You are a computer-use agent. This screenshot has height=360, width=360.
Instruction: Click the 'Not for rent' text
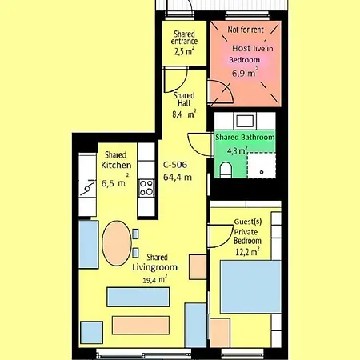(x=246, y=30)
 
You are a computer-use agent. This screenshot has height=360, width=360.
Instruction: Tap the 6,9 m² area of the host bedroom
(x=245, y=72)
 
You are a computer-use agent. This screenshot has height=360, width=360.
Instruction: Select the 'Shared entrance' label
(x=184, y=38)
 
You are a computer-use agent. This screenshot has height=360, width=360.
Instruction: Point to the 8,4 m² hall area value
(x=184, y=114)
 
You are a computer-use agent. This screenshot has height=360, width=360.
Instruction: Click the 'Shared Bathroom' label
(x=245, y=137)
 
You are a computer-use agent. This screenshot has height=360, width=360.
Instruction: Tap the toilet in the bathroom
(x=226, y=170)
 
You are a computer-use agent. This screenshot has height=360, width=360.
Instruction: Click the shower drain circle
(x=262, y=172)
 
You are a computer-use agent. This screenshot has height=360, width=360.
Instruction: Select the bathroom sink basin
(x=245, y=121)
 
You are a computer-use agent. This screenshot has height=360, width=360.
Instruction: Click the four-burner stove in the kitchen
(x=146, y=188)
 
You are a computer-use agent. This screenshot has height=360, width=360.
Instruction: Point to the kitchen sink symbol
(x=87, y=188)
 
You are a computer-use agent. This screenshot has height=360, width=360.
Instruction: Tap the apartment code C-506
(x=175, y=165)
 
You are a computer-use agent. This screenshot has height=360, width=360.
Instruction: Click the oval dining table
(x=117, y=243)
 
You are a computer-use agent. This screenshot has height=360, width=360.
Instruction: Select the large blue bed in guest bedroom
(x=250, y=286)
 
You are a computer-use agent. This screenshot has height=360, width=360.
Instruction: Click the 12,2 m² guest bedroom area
(x=247, y=251)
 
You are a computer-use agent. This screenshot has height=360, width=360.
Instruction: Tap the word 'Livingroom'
(x=154, y=267)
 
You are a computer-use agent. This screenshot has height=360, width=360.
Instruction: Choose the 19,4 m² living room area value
(x=154, y=279)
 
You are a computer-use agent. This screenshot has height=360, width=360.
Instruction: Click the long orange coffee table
(x=141, y=325)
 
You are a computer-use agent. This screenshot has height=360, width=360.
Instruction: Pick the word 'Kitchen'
(x=116, y=165)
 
